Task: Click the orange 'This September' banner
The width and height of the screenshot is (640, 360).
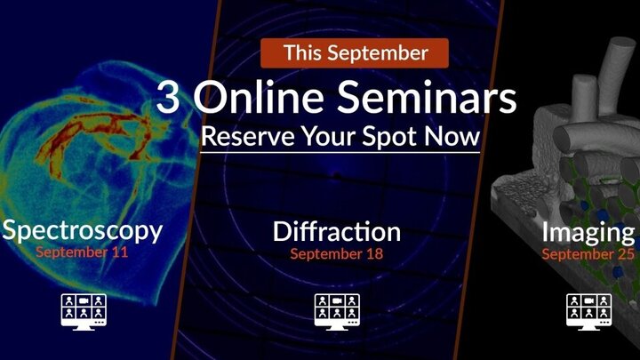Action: point(355,53)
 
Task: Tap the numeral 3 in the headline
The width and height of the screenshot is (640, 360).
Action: point(168,97)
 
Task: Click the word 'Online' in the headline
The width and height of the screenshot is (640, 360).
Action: point(259,96)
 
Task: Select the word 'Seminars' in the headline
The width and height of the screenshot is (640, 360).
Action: point(427,96)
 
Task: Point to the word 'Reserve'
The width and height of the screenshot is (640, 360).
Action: point(248,136)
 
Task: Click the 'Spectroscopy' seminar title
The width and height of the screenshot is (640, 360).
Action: point(82,231)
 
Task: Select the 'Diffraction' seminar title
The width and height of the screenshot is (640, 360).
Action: point(337,231)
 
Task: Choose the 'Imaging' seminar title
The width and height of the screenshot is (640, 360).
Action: point(588,233)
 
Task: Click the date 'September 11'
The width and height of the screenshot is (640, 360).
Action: point(82,252)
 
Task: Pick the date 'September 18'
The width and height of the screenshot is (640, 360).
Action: point(337,254)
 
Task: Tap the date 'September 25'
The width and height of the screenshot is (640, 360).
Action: point(588,254)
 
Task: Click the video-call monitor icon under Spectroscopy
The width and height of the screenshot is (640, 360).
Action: point(84,311)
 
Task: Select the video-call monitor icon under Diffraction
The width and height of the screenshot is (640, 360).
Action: point(337,311)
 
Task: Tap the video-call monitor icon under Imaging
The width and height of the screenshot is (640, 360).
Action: point(589,311)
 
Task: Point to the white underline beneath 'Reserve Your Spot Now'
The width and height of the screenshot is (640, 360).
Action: point(340,153)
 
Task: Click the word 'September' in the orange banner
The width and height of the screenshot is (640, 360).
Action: point(378,54)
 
